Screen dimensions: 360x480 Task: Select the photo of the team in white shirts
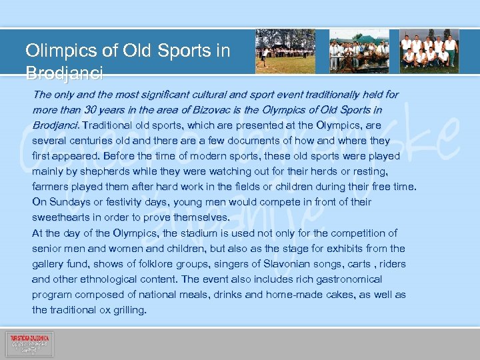pyautogui.click(x=429, y=51)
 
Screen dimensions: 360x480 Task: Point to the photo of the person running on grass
pyautogui.click(x=285, y=51)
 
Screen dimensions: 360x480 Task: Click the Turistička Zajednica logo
pyautogui.click(x=30, y=344)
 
